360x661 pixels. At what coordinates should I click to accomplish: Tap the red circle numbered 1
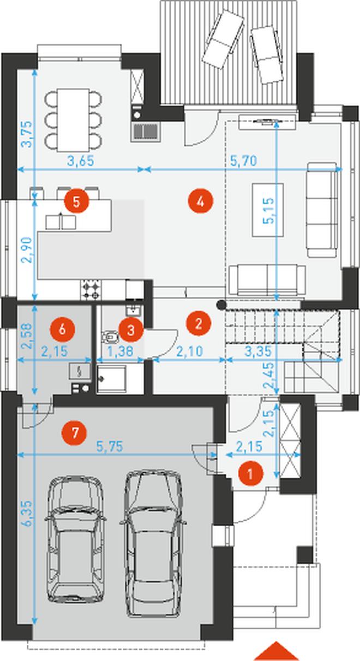point(250,474)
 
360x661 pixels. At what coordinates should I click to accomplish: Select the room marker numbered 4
point(200,202)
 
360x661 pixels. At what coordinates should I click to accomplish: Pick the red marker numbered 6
point(63,329)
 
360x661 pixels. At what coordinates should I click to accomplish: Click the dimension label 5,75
point(110,446)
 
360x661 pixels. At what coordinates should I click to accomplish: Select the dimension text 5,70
point(243,161)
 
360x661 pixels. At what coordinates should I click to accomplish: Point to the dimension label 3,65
point(81,161)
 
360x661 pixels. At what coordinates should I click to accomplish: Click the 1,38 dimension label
point(121,352)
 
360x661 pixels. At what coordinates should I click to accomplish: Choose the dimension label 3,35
point(258,352)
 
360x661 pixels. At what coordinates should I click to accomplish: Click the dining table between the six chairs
point(74,120)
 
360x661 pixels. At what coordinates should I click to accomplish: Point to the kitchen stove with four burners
point(91,289)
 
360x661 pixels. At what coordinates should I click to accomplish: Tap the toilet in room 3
point(110,336)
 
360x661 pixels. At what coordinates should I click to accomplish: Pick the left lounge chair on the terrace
point(223,39)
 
